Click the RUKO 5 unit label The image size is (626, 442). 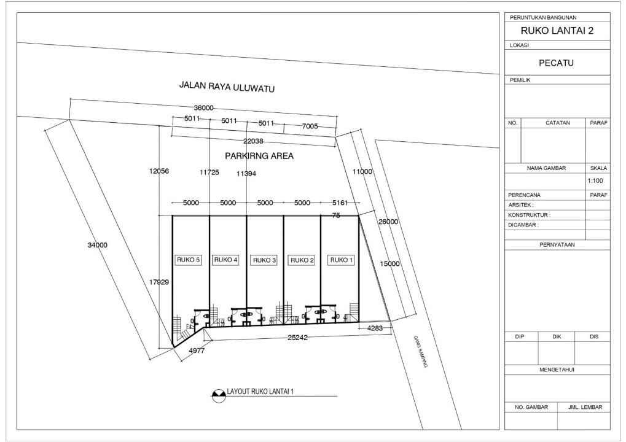click(188, 260)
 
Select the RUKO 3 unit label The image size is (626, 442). click(264, 260)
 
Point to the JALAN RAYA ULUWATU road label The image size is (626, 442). click(227, 87)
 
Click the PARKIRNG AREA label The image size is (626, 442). click(259, 155)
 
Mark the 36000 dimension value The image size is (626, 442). click(203, 107)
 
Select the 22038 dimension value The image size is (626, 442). click(253, 141)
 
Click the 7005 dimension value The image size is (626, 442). click(310, 126)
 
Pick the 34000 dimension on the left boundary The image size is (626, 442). click(98, 245)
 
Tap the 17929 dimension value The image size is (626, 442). click(159, 282)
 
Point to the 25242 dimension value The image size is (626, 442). click(297, 338)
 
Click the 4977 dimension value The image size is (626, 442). click(197, 351)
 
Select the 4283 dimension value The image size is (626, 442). click(375, 328)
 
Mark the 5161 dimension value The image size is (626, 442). click(340, 203)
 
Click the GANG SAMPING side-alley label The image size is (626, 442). click(420, 351)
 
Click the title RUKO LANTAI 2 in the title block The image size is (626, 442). click(557, 31)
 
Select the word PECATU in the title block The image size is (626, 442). click(556, 63)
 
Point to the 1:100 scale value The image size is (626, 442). click(595, 180)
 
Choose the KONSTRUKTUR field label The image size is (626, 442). click(529, 215)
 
